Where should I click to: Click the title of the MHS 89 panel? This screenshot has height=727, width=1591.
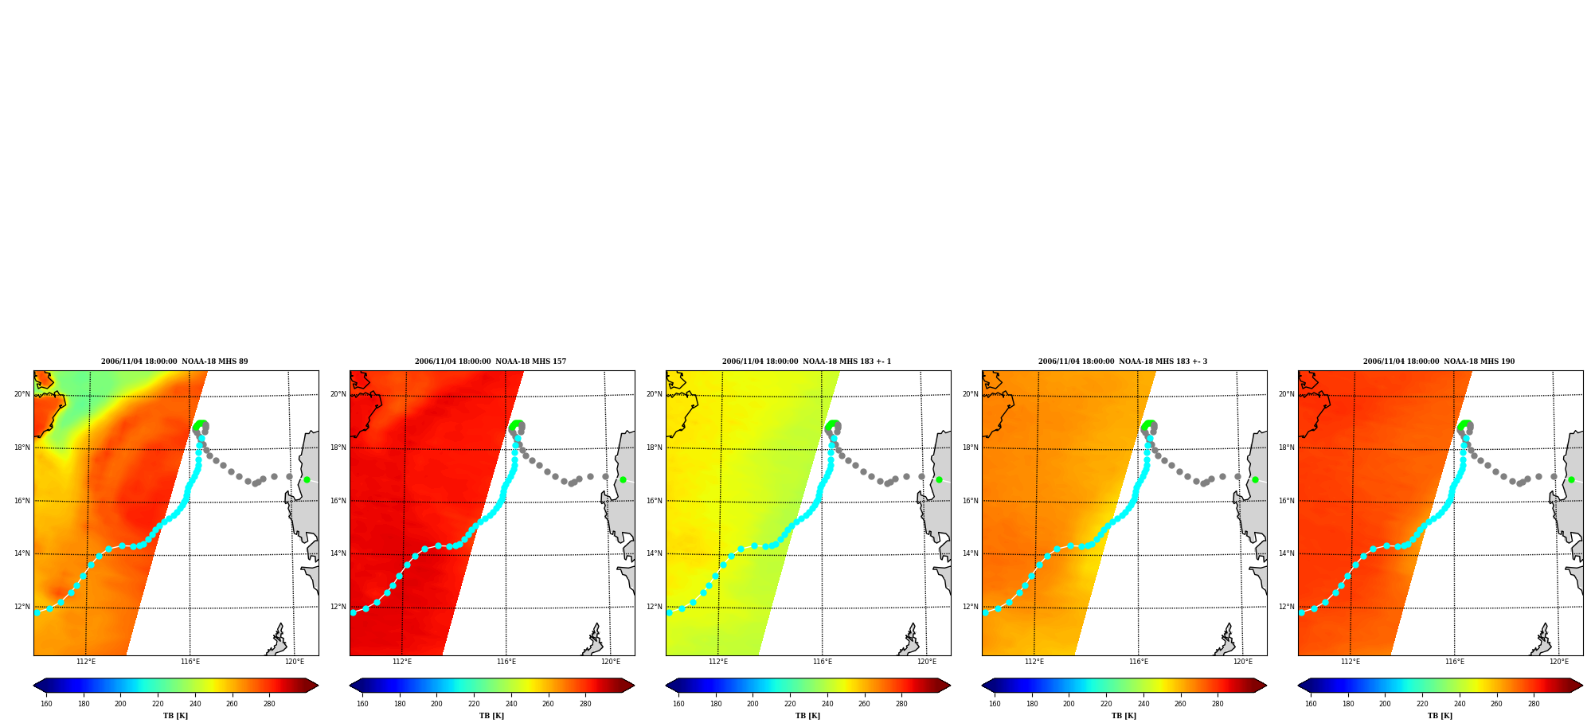174,362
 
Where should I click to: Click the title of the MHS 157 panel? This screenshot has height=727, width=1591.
491,362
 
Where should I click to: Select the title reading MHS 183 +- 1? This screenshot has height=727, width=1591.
807,362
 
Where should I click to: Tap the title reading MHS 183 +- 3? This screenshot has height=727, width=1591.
1123,362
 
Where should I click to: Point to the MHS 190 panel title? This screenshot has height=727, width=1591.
1439,362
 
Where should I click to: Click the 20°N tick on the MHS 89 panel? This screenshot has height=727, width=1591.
21,394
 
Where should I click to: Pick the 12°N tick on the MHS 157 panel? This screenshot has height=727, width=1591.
338,607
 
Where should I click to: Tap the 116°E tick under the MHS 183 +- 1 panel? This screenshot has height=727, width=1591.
823,662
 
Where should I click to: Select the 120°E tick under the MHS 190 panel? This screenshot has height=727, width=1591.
1559,662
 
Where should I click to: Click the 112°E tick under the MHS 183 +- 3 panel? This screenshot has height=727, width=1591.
1034,662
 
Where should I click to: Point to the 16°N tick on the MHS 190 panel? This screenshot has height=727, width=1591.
1286,501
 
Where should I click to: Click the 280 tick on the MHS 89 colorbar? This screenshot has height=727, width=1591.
269,704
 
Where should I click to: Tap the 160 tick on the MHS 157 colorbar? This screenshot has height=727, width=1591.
362,704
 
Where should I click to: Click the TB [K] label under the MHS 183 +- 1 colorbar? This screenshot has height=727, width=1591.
807,716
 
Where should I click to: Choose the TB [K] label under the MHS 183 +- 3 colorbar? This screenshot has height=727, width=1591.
1124,716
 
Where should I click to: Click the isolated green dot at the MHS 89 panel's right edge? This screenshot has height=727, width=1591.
307,479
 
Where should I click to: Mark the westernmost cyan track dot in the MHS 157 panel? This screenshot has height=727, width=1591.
353,612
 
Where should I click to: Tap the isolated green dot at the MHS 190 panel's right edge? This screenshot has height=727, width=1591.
1571,479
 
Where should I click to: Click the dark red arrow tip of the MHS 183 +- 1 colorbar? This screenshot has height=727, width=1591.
948,685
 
